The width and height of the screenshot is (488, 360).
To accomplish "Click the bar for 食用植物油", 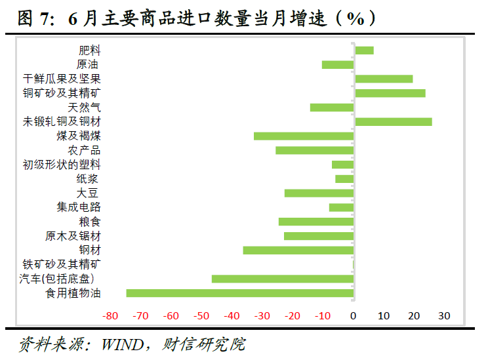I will tap(240, 293).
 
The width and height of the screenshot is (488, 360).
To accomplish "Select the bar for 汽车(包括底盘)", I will tap(283, 279).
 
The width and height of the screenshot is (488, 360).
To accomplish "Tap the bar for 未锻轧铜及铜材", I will tap(394, 121).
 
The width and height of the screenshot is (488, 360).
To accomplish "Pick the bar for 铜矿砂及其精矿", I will tap(390, 93).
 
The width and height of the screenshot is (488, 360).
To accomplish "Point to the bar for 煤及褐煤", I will tap(304, 136).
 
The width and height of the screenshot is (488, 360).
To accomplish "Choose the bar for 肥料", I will tap(364, 50).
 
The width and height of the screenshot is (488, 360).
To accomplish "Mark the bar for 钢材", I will tap(298, 250).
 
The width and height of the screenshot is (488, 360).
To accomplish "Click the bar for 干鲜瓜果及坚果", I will tap(384, 79).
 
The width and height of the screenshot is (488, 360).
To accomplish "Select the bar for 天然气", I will tap(332, 107).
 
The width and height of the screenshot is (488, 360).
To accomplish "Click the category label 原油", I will tap(89, 64).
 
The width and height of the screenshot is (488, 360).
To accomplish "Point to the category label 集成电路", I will tap(79, 207).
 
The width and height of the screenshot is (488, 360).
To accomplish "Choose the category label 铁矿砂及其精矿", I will tap(62, 264).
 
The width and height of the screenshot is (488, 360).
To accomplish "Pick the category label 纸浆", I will tap(89, 178).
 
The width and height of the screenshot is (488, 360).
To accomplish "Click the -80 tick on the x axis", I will tap(110, 315).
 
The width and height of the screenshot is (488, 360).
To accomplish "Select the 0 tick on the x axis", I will tap(354, 315).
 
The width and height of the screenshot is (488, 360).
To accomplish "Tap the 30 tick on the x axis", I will tap(444, 315).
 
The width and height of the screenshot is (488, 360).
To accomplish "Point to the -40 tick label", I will tap(232, 315).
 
